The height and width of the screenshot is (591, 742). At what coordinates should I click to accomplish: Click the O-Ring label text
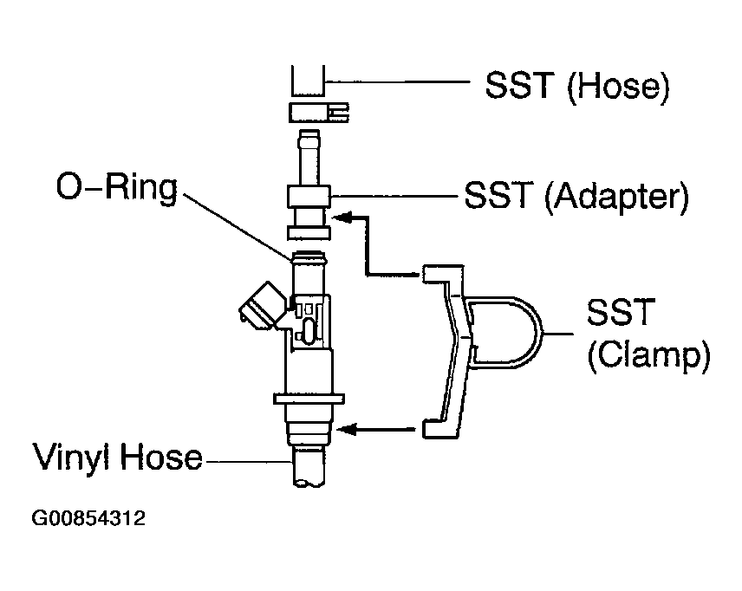(x=116, y=189)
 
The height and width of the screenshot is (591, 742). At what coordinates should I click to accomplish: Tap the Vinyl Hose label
(x=117, y=457)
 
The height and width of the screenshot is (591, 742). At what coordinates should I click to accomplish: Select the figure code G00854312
(x=88, y=518)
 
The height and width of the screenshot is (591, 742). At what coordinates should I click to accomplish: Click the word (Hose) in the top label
(x=618, y=88)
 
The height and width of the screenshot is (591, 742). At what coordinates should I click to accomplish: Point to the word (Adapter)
(x=616, y=197)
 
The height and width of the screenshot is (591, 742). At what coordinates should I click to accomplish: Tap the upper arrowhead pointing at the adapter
(x=342, y=218)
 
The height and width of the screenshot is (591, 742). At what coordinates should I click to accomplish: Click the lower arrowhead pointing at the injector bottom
(x=346, y=430)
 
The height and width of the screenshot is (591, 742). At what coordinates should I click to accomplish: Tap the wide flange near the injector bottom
(x=309, y=399)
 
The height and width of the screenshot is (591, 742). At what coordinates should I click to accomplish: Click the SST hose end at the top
(x=308, y=81)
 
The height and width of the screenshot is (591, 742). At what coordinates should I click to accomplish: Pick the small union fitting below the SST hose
(x=318, y=113)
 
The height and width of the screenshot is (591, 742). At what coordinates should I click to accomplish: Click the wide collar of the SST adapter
(x=309, y=197)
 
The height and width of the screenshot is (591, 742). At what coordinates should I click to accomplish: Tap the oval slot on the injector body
(x=308, y=330)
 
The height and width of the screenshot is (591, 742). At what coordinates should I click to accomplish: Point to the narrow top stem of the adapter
(x=309, y=158)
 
